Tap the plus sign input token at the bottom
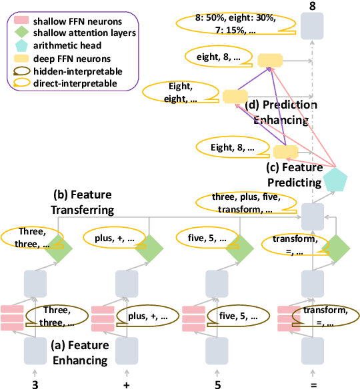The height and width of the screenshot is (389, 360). pyautogui.click(x=125, y=384)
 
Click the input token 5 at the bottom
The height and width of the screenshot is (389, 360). pyautogui.click(x=217, y=384)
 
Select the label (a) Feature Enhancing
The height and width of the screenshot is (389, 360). pyautogui.click(x=79, y=354)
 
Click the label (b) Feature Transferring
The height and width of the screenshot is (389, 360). pyautogui.click(x=91, y=202)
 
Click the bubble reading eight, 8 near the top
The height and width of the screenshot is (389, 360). pyautogui.click(x=218, y=58)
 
